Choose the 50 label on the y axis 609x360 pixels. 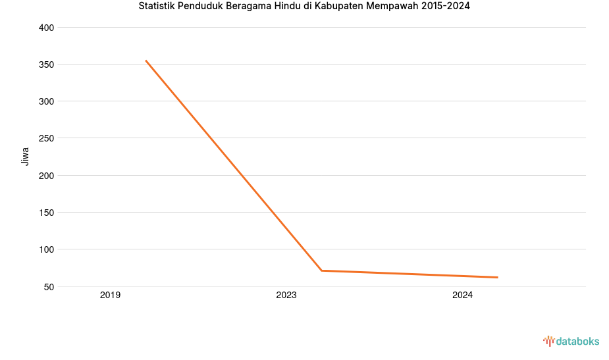coord(49,286)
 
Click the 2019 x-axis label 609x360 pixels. coord(110,296)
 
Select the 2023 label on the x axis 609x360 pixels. coord(286,296)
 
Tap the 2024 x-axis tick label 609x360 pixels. coord(462,296)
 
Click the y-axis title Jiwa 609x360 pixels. coord(26,156)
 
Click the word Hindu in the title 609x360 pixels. coord(287,7)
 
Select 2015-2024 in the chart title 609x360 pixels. coord(446,7)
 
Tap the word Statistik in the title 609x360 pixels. coord(157,7)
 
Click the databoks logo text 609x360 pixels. coord(577,341)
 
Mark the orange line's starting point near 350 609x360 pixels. coord(146,61)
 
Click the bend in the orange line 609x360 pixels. coord(321,270)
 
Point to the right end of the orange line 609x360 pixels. coord(497,277)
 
